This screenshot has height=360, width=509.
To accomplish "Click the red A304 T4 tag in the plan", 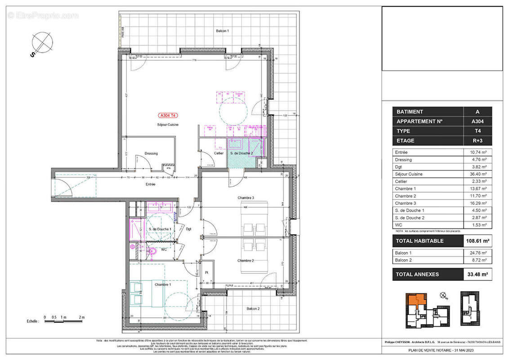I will tap(167, 115).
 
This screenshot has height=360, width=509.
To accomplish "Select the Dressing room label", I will tap(151, 153).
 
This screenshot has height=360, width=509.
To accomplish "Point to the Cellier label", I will tap(219, 153).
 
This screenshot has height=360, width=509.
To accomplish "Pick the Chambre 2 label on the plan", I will tap(246, 261).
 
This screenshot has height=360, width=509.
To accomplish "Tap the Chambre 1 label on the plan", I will tap(162, 284).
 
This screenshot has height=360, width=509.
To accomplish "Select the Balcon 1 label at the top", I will tap(223, 31).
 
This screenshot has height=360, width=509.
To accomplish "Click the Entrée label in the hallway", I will tap(150, 184).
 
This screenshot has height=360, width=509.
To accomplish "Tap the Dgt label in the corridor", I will tap(188, 229).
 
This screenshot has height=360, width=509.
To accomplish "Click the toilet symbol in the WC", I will tap(152, 252).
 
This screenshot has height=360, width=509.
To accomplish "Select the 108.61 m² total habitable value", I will tap(478, 241).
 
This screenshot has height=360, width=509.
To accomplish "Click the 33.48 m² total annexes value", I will tap(478, 274).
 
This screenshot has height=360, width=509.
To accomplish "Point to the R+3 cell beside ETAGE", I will tap(478, 140).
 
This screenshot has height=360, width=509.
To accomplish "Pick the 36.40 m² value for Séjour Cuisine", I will tap(478, 174).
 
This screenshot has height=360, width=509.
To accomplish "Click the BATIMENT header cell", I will tap(428, 112).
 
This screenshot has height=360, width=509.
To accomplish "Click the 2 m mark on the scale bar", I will tap(82, 317).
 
